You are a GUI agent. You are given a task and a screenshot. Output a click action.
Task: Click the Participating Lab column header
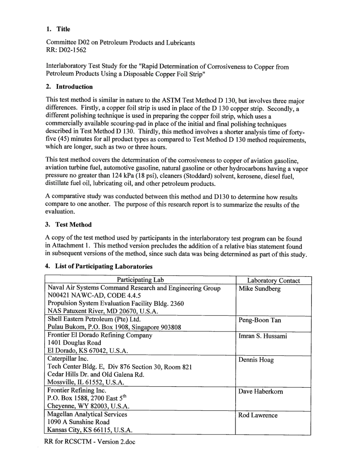140,280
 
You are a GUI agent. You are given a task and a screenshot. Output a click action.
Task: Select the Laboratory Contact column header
273,281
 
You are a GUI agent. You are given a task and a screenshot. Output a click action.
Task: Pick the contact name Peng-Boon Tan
260,320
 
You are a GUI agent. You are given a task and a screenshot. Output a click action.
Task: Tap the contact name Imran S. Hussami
263,336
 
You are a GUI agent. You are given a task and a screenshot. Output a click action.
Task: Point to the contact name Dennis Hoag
256,360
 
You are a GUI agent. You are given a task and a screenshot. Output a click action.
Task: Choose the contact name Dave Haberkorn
260,391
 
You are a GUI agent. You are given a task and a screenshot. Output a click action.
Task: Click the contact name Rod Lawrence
258,415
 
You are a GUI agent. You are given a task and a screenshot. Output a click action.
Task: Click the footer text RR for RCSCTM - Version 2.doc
89,442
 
